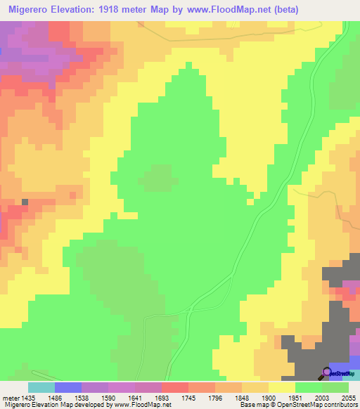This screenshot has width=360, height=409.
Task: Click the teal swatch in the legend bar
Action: point(41,387)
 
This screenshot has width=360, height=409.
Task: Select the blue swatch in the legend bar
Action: point(68,387)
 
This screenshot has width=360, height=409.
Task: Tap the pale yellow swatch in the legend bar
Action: point(282,387)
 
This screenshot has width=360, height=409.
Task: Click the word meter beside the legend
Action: point(11,397)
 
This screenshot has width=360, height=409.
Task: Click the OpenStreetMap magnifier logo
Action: point(328,372)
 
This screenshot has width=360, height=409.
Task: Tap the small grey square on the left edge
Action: point(25,202)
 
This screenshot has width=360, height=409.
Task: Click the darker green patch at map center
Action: point(159,178)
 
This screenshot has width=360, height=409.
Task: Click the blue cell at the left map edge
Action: point(2,51)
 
